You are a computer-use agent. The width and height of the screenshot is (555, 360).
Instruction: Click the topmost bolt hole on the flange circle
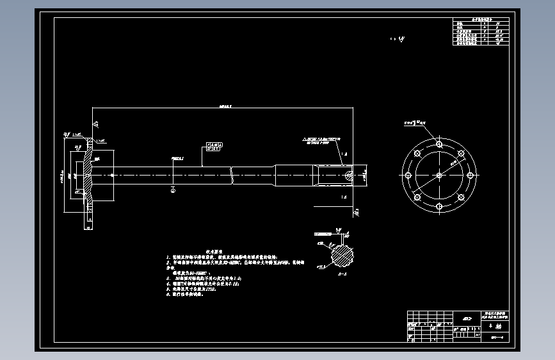[438, 143]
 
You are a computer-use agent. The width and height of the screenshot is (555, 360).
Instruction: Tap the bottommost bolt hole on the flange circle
[438, 206]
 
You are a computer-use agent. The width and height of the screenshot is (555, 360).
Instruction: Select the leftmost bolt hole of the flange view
[407, 174]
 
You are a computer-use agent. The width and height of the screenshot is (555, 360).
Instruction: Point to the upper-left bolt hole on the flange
[417, 152]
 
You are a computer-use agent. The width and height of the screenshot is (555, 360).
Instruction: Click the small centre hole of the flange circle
[438, 174]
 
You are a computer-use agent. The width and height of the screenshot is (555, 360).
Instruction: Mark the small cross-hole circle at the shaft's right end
[348, 174]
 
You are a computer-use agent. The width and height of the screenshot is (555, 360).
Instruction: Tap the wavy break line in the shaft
[231, 174]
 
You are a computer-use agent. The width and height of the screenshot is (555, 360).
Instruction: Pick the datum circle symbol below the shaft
[173, 189]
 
